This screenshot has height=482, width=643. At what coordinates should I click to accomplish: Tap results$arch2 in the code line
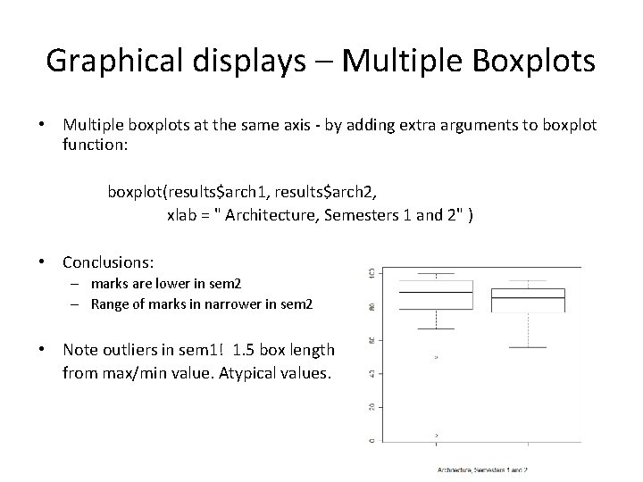coord(352,192)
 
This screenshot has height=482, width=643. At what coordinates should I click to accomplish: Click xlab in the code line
coord(182,215)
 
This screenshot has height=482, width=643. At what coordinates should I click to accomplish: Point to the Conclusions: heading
coord(108,262)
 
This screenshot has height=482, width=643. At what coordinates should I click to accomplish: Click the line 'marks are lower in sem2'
coord(164,284)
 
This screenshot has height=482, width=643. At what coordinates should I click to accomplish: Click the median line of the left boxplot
coord(436,292)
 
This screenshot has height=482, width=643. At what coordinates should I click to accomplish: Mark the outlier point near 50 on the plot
coord(436,357)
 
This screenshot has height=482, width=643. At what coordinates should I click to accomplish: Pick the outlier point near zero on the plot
coord(436,435)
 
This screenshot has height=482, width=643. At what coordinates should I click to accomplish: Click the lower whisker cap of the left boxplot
coord(436,328)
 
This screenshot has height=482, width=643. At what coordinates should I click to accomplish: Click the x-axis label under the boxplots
coord(481,469)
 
